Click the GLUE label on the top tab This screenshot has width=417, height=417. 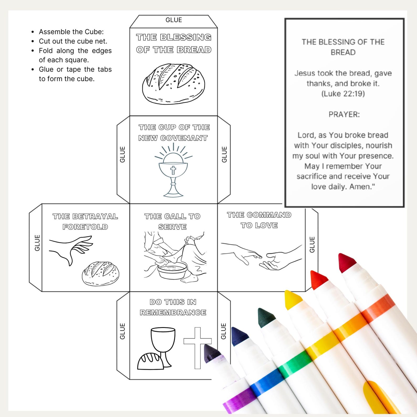click(x=174, y=20)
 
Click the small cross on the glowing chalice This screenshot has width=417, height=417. click(x=173, y=170)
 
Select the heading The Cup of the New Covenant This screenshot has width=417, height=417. click(x=174, y=133)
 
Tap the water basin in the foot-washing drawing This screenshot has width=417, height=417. click(x=172, y=272)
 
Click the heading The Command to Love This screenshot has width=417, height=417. click(x=259, y=220)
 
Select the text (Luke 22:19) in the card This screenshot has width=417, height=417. click(x=343, y=94)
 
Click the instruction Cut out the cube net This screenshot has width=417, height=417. click(x=73, y=41)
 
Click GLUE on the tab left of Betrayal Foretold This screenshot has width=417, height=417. click(x=37, y=243)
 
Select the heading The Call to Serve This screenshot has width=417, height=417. click(x=173, y=221)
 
